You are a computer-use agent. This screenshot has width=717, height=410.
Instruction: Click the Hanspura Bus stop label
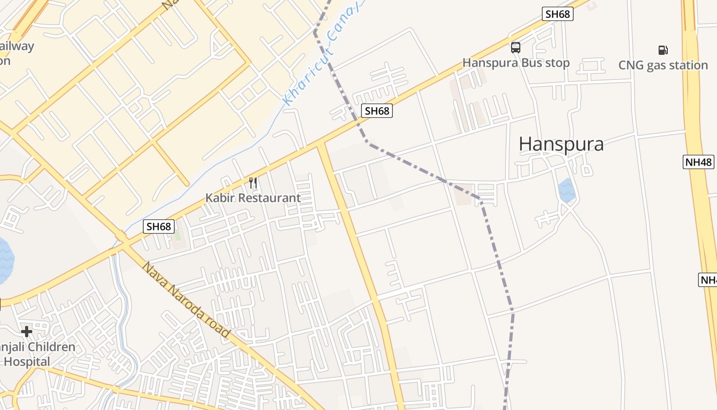coord(516,63)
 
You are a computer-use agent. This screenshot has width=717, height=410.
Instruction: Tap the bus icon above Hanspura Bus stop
coord(516,48)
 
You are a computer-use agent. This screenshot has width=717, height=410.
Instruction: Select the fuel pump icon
coord(663,50)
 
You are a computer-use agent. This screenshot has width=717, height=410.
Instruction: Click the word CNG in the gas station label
coord(630,66)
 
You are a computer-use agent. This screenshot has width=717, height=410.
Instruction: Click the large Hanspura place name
coord(561,144)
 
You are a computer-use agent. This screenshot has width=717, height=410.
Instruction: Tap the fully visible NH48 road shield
coord(699,162)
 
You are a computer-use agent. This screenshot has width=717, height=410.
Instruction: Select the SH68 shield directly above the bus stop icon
coord(558,14)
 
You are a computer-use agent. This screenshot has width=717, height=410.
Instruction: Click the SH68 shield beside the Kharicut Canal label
coord(377,110)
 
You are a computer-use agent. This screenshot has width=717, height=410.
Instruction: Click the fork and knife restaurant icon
coord(252,182)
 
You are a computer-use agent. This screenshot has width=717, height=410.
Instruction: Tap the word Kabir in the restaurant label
coord(219,198)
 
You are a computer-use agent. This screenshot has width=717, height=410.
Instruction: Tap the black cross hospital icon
coord(27,332)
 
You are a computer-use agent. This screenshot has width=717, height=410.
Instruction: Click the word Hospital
coord(28,362)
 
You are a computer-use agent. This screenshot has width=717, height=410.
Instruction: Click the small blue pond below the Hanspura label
coord(567,190)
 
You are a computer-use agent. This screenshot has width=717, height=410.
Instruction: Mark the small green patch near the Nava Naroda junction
coord(178,236)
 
